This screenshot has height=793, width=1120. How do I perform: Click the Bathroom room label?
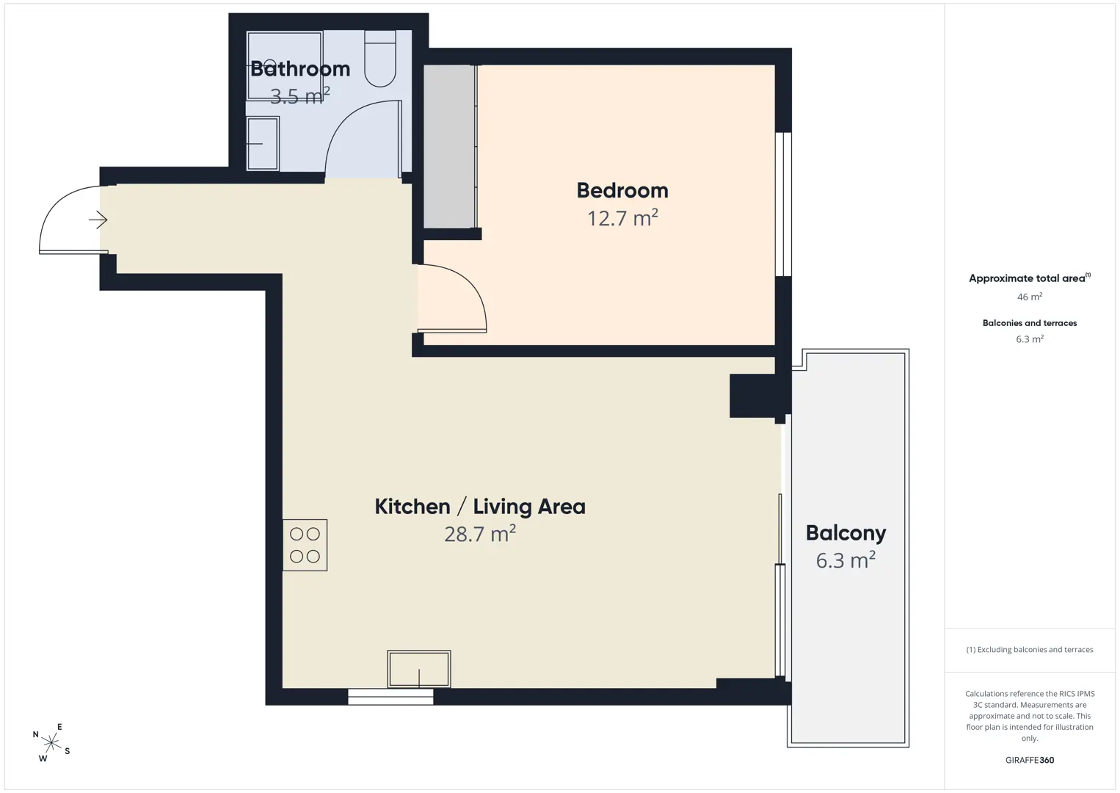300,69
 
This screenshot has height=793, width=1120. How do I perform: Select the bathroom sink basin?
263,144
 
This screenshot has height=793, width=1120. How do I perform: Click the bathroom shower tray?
285,65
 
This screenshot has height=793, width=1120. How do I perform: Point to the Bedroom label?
622,191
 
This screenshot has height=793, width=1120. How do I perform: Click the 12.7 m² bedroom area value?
622,218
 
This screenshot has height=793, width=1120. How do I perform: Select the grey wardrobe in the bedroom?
449,147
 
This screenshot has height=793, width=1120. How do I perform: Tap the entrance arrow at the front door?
98,220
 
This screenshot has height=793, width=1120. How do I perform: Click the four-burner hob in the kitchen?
305,545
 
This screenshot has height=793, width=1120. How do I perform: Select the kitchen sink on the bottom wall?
419,669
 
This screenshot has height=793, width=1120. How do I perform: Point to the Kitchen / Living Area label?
480,507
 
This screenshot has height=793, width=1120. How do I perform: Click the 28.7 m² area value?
480,534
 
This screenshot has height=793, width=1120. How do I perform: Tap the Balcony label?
846,533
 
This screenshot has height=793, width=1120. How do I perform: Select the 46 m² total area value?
1030,297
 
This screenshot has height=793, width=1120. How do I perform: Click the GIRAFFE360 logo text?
1030,760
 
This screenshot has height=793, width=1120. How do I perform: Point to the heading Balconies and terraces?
1030,323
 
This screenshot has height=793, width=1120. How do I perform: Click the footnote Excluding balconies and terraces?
1030,649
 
